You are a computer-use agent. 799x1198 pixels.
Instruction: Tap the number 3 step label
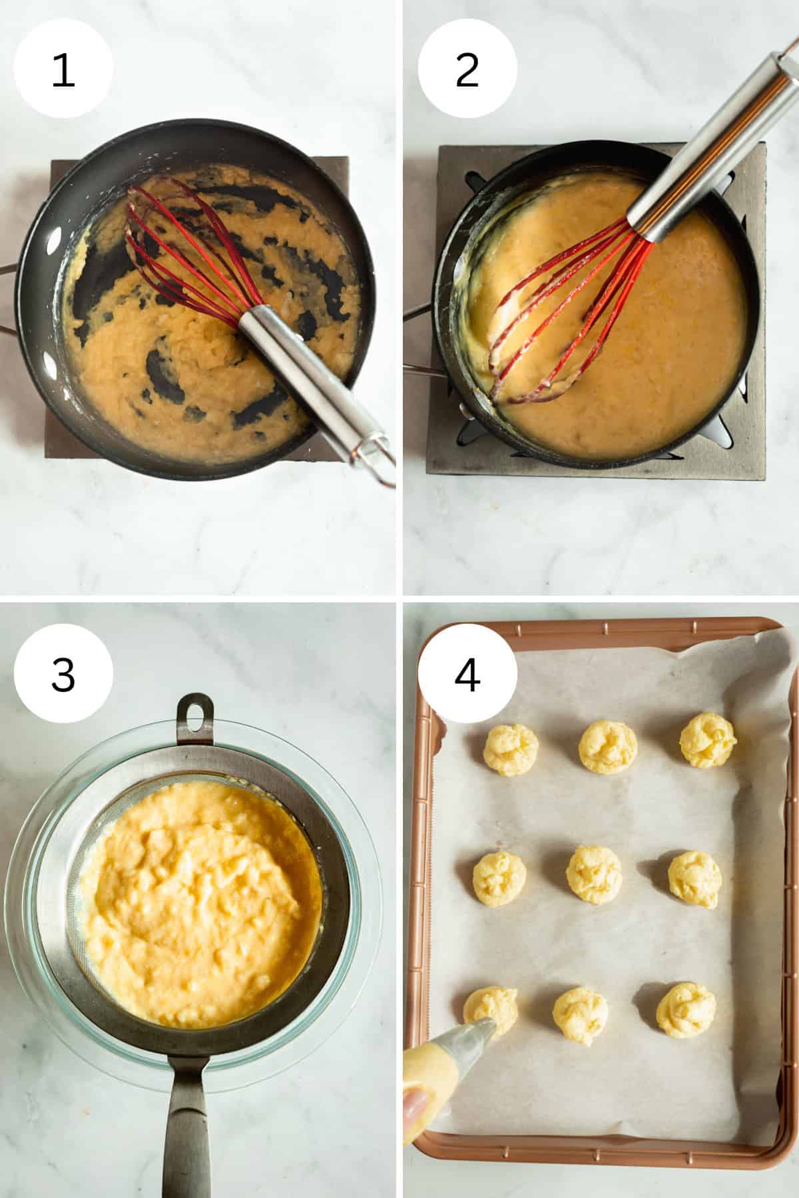tap(63, 674)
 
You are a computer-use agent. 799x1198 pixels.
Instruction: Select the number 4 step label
tap(467, 674)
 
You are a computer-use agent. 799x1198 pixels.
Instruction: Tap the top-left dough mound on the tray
tap(511, 749)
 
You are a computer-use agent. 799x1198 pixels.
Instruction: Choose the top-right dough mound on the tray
tap(708, 740)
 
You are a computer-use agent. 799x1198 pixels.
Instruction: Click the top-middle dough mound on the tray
tap(608, 747)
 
